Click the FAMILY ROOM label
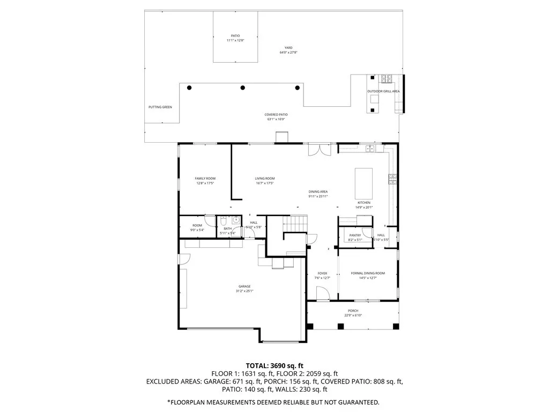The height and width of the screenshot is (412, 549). point(205,179)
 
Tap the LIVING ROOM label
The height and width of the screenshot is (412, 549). point(265,179)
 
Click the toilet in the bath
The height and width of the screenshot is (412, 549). point(224,221)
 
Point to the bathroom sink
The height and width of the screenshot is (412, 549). point(235,220)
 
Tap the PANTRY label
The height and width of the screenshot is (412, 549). point(355,235)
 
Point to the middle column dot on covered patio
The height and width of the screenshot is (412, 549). point(243,87)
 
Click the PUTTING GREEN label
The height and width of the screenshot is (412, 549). point(160,107)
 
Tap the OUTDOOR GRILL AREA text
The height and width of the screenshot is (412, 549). point(383,91)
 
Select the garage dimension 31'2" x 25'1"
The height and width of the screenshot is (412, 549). point(244,291)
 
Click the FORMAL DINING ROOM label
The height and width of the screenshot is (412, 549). point(368,273)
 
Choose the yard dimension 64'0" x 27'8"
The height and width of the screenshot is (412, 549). point(288,53)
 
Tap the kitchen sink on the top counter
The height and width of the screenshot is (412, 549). point(370,148)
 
